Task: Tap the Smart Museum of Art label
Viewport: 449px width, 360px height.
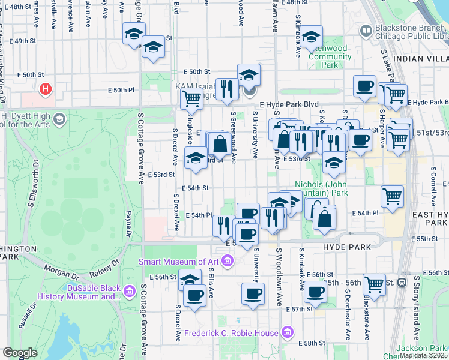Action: point(178,261)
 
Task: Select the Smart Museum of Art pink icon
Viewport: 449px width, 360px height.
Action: point(227,261)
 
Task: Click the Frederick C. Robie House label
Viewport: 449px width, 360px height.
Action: point(231,333)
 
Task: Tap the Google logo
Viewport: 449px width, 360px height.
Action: point(19,353)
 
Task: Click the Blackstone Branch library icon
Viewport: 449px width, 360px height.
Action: point(365,31)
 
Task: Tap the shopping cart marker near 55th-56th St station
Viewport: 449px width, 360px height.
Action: point(374,284)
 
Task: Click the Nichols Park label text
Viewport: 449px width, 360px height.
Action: point(322,188)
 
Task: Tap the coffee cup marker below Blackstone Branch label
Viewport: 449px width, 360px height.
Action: point(364,86)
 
